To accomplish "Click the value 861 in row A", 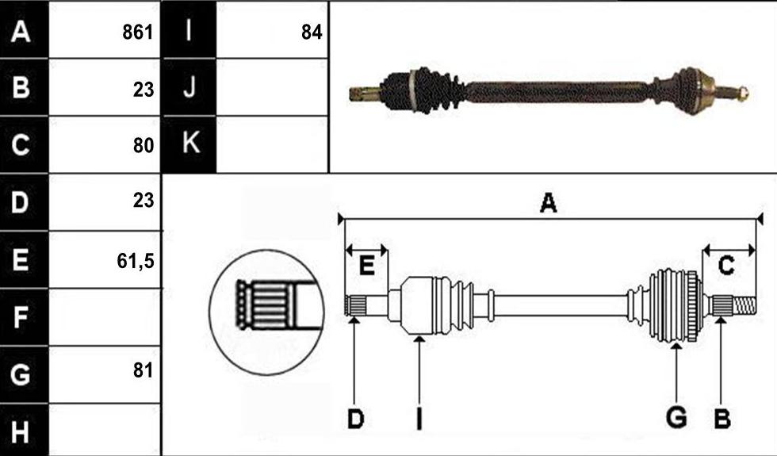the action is (138, 33).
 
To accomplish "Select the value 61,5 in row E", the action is (136, 261).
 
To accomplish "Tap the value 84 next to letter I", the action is (312, 33).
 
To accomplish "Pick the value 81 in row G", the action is (144, 370).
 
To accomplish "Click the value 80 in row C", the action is (144, 145).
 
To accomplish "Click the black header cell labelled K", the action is (189, 144).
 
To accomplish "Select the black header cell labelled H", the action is (24, 430).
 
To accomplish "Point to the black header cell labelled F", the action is (24, 317).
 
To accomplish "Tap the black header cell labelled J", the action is (189, 87).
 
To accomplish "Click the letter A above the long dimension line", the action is (548, 203).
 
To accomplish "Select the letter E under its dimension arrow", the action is (366, 265).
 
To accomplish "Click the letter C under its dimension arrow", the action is (726, 265).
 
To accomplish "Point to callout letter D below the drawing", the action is (355, 420).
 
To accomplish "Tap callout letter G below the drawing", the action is (676, 417).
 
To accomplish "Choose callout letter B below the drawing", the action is (722, 420).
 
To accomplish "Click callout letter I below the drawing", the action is (419, 420).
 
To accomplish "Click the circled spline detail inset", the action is (266, 312).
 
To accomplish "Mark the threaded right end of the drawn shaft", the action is (744, 306).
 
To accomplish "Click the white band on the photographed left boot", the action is (411, 90).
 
